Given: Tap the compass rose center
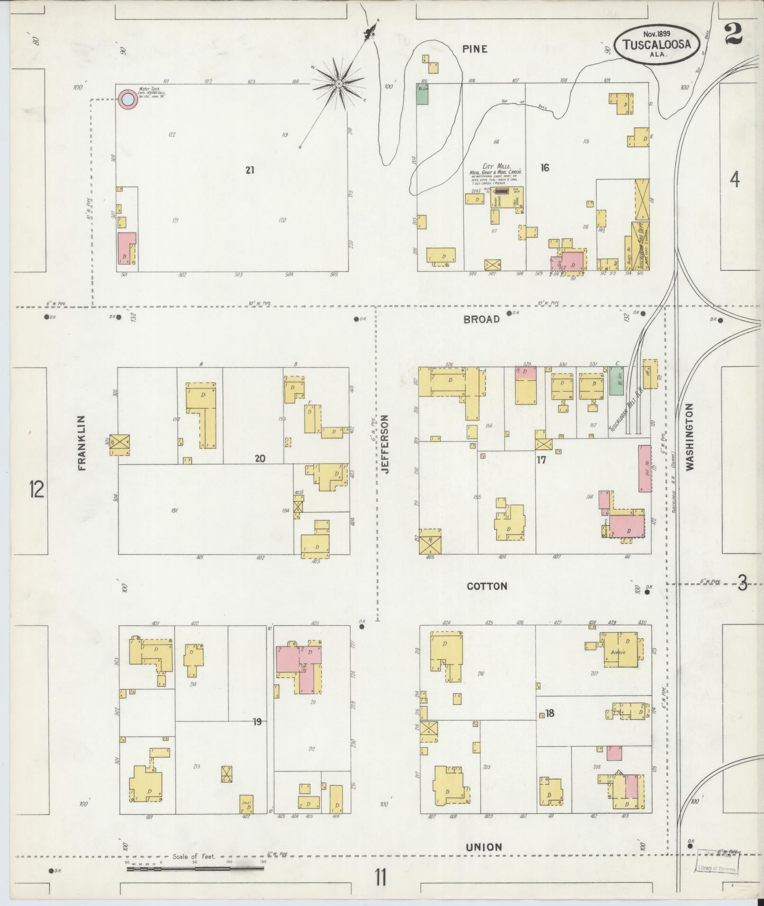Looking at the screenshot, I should point(339,84).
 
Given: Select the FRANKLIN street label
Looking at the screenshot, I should point(82,442).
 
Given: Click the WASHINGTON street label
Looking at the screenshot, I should point(689,436).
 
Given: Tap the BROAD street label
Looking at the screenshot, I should point(481,319).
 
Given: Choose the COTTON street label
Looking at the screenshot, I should point(487,586).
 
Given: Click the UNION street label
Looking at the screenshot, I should point(484,847).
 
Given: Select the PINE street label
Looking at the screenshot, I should point(475,49).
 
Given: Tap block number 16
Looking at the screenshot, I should point(545,168).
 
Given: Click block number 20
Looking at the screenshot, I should point(260,458).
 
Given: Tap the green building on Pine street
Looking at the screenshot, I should point(422,94).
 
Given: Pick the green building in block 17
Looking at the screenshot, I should point(616,382).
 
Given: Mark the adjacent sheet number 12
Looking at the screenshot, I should point(36,489).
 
